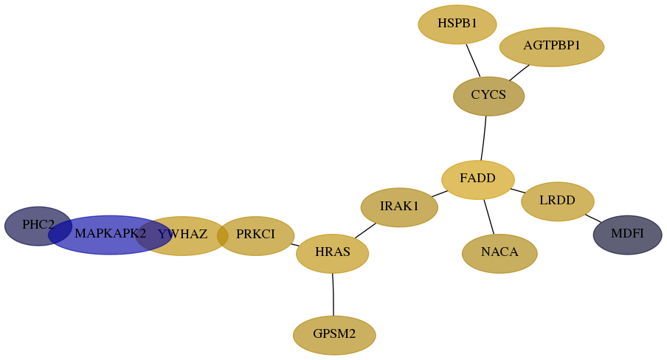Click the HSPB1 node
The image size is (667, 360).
coord(457,24)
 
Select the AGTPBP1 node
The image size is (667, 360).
coord(552,46)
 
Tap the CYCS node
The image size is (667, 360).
coord(488,96)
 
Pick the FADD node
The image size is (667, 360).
coord(478,179)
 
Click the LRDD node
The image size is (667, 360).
coord(558,201)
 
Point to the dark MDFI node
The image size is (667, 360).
coord(627,235)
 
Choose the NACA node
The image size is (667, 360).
coord(500,254)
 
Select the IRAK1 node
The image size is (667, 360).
coord(399,207)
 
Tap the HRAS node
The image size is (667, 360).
coord(333,254)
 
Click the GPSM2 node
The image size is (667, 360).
coord(334,336)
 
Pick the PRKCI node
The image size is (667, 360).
coord(255,236)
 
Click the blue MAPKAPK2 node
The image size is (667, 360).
coord(110,235)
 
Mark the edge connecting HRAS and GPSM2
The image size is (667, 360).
coord(333,294)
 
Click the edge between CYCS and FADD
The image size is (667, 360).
coord(484,138)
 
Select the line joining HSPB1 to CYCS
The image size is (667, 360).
coord(473,60)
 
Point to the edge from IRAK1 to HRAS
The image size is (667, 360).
coord(365,231)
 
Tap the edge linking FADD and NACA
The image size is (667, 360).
coord(488,217)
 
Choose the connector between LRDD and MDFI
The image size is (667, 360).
coord(593,218)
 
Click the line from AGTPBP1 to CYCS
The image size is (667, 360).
coord(519,73)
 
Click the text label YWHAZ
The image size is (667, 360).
coord(182,235)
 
